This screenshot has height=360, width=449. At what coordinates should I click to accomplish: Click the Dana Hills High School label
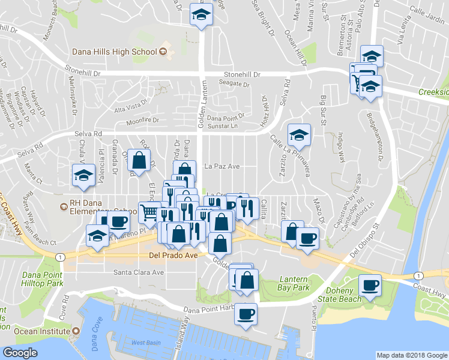[x=114, y=52]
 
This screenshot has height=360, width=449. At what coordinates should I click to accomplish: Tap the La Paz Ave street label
[x=222, y=166]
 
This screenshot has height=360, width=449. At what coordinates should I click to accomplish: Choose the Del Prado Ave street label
[x=173, y=254]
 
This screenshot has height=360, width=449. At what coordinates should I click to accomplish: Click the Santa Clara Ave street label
[x=139, y=272]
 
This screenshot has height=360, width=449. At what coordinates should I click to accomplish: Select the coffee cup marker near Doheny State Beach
[x=370, y=284]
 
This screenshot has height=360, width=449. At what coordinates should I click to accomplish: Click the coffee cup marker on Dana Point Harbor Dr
[x=244, y=313]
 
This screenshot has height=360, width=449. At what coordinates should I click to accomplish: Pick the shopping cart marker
[x=149, y=212]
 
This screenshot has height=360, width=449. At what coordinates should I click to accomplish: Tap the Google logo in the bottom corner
[x=20, y=353]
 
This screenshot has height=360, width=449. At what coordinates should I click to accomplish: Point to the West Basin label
[x=142, y=342]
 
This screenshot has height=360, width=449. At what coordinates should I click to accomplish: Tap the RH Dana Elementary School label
[x=99, y=211]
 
